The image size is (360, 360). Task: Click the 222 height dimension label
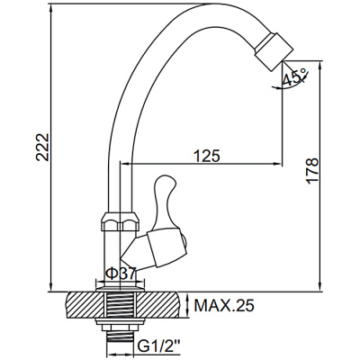pyautogui.click(x=42, y=148)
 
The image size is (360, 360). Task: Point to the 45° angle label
pyautogui.click(x=294, y=77)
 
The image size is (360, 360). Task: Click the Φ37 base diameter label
pyautogui.click(x=121, y=274)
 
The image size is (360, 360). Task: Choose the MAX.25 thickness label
pyautogui.click(x=224, y=305)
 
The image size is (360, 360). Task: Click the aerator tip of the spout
pyautogui.click(x=274, y=51)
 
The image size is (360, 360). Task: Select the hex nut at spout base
pyautogui.click(x=121, y=221)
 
